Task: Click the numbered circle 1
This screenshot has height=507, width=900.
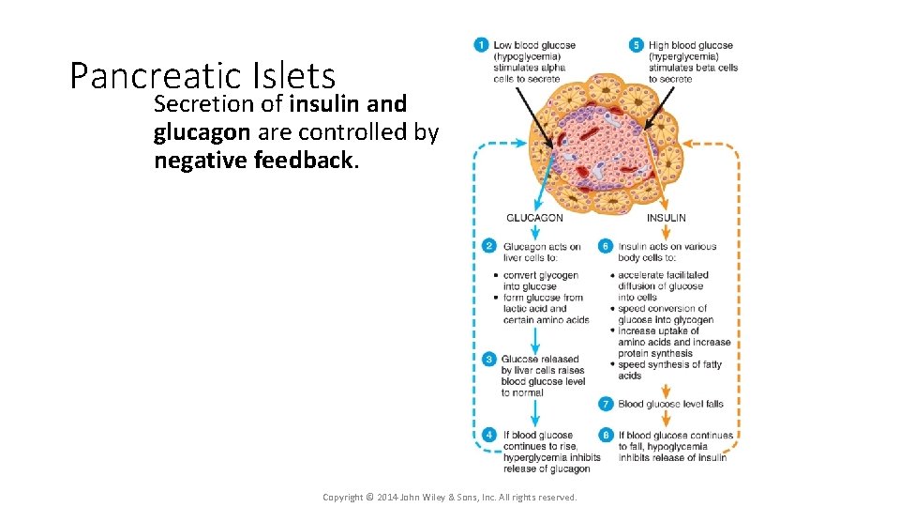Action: tap(481, 45)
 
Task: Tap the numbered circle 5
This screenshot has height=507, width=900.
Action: tap(636, 45)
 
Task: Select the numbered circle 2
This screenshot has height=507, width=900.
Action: tap(488, 246)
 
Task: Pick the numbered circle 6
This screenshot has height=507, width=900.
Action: tap(606, 246)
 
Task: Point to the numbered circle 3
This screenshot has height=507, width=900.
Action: tap(488, 359)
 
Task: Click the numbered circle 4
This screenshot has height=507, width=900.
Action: tap(488, 436)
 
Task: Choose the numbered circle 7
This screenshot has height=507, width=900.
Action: tap(606, 404)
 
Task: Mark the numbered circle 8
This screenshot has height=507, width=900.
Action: tap(606, 436)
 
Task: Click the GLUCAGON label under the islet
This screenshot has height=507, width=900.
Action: tap(534, 218)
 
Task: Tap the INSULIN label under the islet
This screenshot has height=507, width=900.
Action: tap(666, 218)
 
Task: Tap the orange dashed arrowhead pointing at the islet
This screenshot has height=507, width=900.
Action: tap(687, 145)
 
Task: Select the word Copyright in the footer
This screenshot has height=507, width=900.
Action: tap(343, 497)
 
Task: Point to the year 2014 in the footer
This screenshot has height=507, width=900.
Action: tap(387, 497)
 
